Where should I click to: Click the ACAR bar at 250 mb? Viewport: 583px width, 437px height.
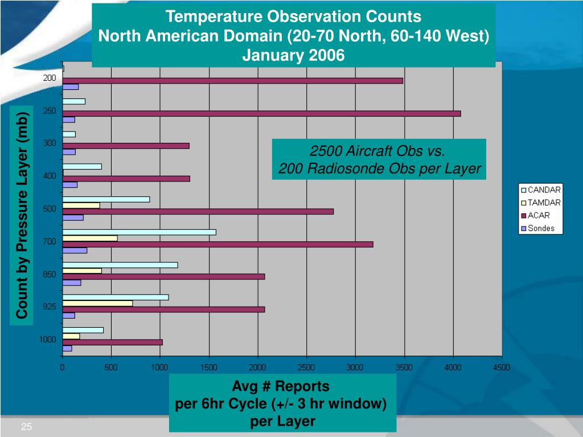click(261, 113)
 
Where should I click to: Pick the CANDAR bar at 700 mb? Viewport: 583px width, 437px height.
click(139, 232)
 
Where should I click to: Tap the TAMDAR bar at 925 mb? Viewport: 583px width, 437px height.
click(97, 303)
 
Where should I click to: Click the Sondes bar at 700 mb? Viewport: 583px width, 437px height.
click(75, 250)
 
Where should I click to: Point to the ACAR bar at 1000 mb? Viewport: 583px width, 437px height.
click(112, 342)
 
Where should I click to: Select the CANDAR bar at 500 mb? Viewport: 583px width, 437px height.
click(106, 199)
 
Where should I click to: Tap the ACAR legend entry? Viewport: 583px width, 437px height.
click(538, 216)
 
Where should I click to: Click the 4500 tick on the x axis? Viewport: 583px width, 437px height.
click(501, 368)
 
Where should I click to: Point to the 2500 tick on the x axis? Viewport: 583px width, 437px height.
click(306, 368)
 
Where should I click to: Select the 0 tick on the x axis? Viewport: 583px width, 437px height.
click(63, 368)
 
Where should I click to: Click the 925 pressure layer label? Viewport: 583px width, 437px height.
click(49, 307)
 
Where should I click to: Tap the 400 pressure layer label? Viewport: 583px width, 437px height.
click(50, 176)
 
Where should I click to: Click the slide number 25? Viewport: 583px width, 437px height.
click(26, 427)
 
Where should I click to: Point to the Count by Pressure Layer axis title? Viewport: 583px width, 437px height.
click(22, 215)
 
